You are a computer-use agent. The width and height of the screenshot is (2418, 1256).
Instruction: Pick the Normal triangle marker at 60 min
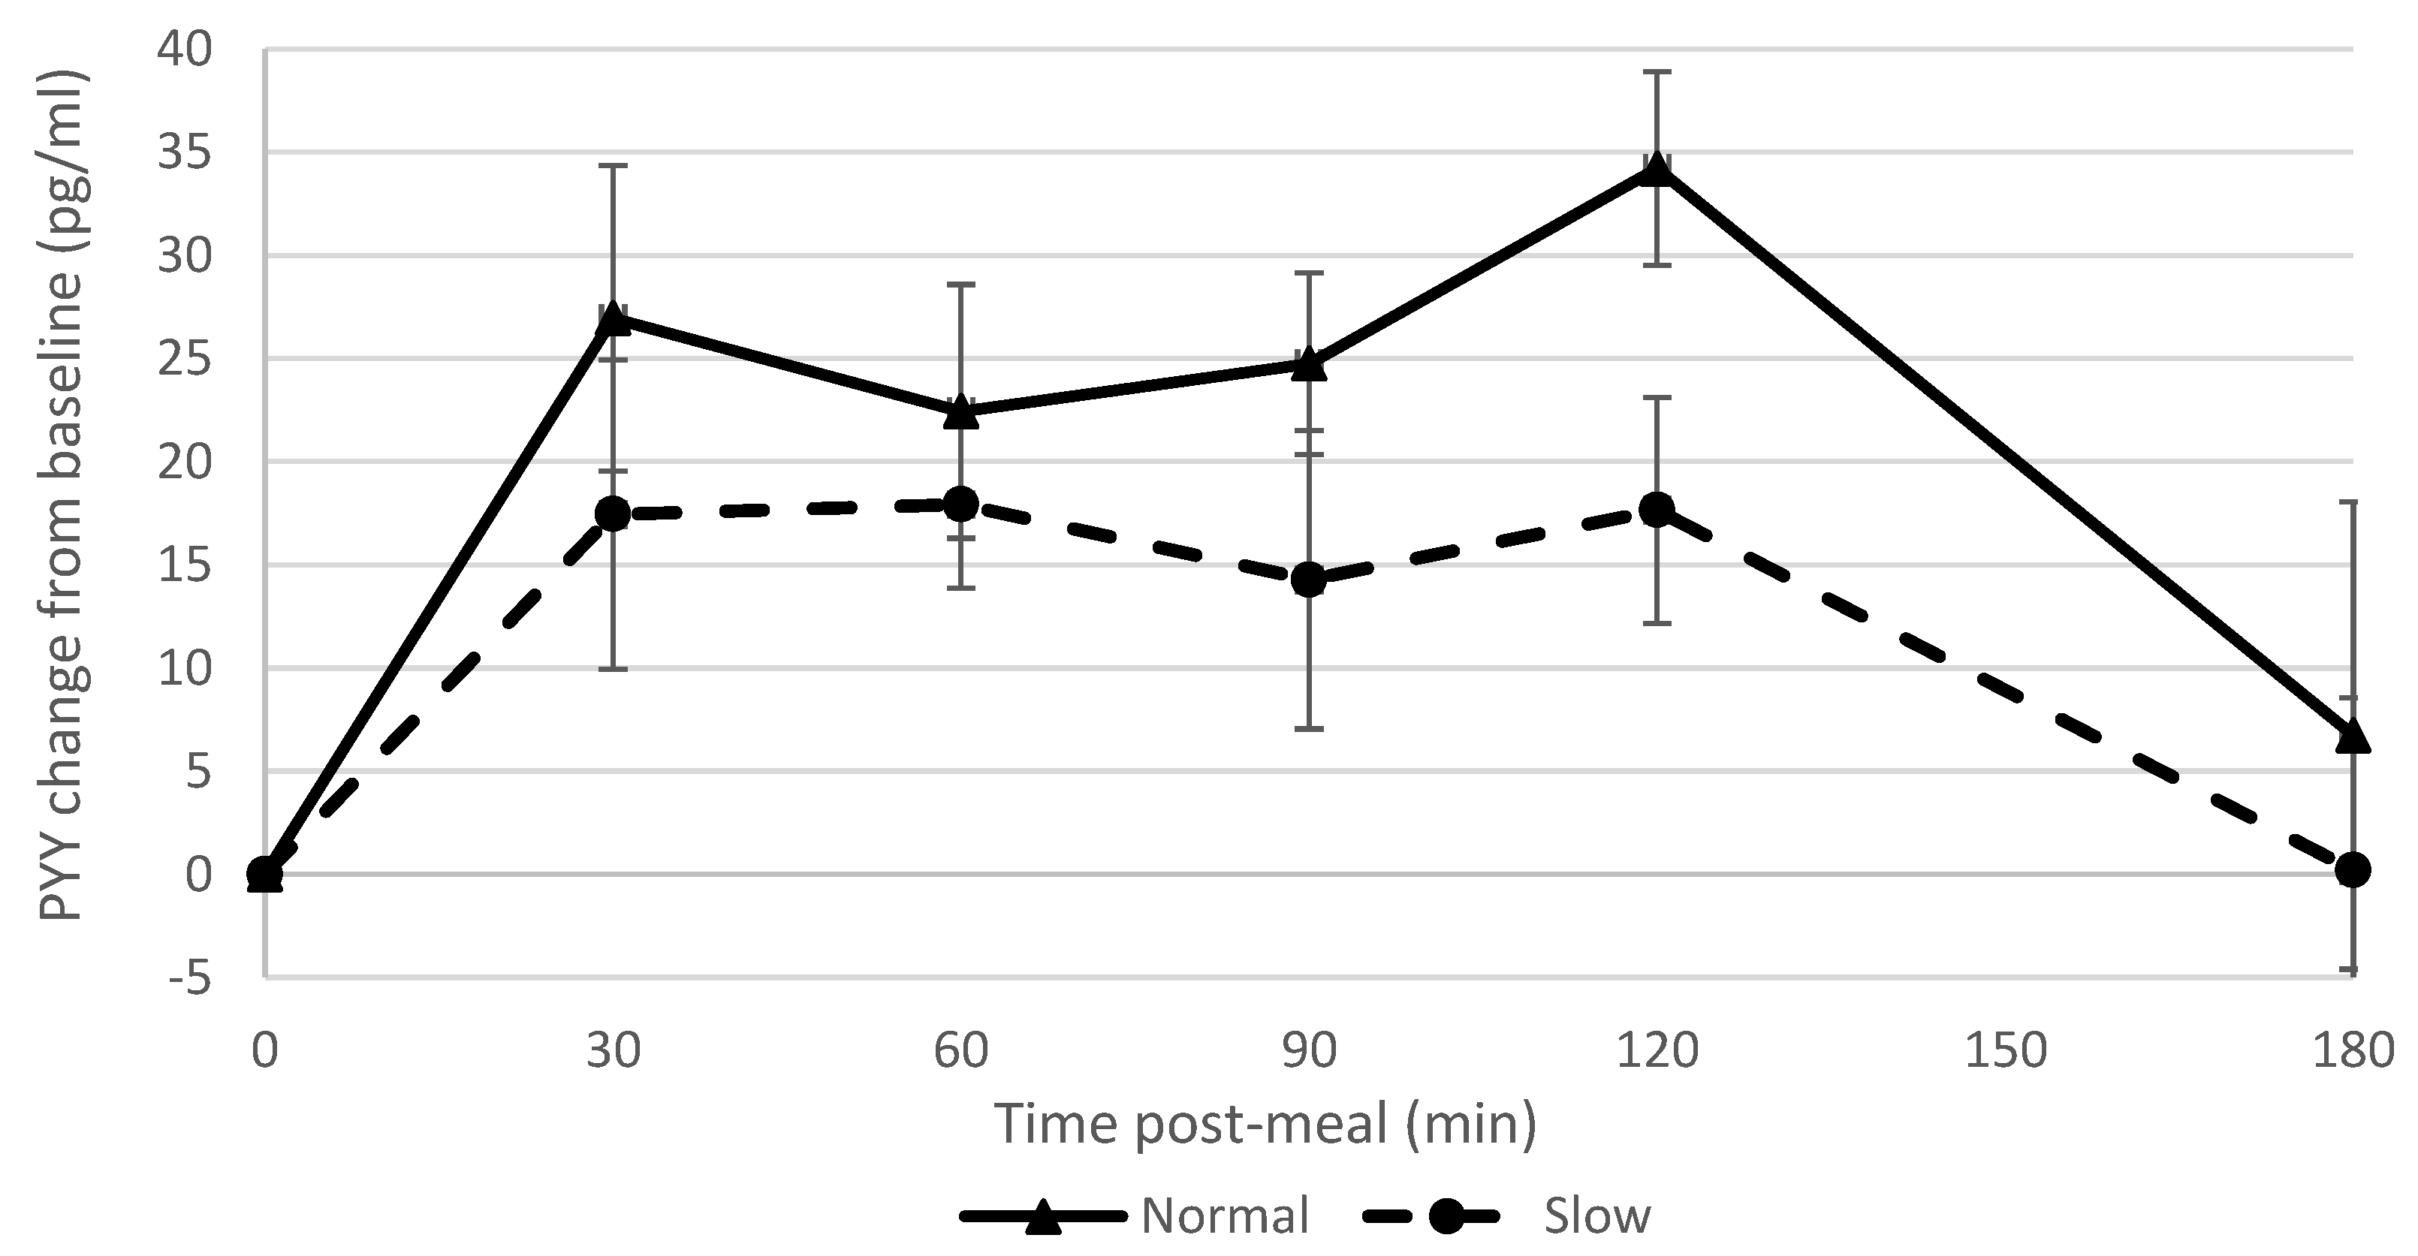coord(960,413)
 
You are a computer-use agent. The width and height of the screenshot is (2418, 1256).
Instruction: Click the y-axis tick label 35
coord(184,152)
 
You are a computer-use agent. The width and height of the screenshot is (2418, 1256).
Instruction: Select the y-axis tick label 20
coord(184,462)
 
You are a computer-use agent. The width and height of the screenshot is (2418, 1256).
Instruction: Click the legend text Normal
coord(1225,1215)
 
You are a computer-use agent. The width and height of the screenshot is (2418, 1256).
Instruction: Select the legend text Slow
coord(1596,1215)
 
